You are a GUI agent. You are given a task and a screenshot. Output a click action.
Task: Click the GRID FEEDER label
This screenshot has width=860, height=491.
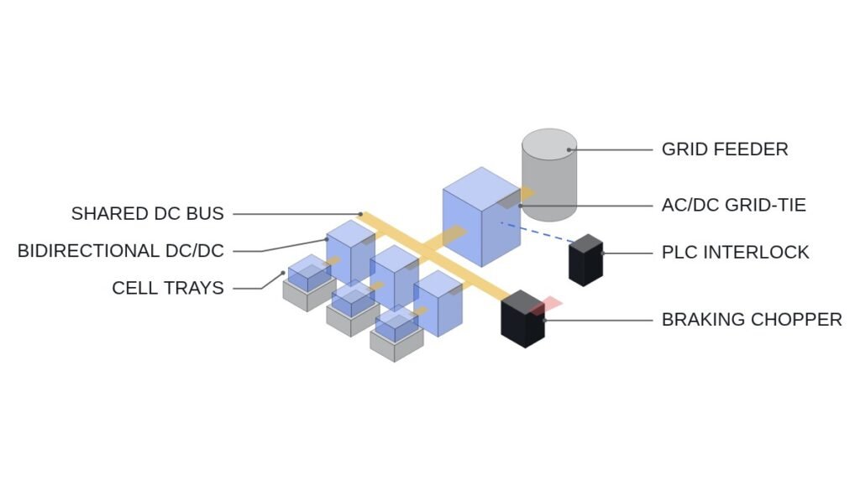pos(725,149)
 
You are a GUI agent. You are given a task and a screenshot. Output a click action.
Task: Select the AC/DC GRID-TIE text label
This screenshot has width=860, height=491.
pos(734,205)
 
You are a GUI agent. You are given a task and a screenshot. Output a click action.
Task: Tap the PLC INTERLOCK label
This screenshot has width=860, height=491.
pos(736,252)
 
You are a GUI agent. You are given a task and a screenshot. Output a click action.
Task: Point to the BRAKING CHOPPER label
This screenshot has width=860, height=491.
pos(752,320)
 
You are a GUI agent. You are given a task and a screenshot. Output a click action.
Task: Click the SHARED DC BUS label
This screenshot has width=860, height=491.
pos(148,213)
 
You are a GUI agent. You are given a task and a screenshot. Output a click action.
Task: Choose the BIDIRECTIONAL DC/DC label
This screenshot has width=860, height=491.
pos(121,250)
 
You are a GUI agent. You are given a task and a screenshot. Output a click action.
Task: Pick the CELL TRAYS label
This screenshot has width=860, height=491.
pos(168,288)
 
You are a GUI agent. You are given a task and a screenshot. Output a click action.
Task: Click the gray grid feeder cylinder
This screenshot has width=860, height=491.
pos(549,175)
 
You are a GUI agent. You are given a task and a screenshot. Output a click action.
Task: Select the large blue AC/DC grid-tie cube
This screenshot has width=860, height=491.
pos(481,217)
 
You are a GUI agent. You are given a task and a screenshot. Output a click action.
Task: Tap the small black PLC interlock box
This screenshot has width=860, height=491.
pos(585,260)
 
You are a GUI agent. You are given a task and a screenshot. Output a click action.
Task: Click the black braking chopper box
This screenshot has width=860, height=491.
pos(522,319)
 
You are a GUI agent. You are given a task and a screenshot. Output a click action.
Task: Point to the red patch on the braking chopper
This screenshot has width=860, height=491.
pos(547,306)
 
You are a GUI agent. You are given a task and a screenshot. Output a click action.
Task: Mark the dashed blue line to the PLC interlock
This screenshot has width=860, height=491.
pos(537,232)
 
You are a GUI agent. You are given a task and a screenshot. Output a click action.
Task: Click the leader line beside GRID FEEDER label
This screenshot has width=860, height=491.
pos(611,149)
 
